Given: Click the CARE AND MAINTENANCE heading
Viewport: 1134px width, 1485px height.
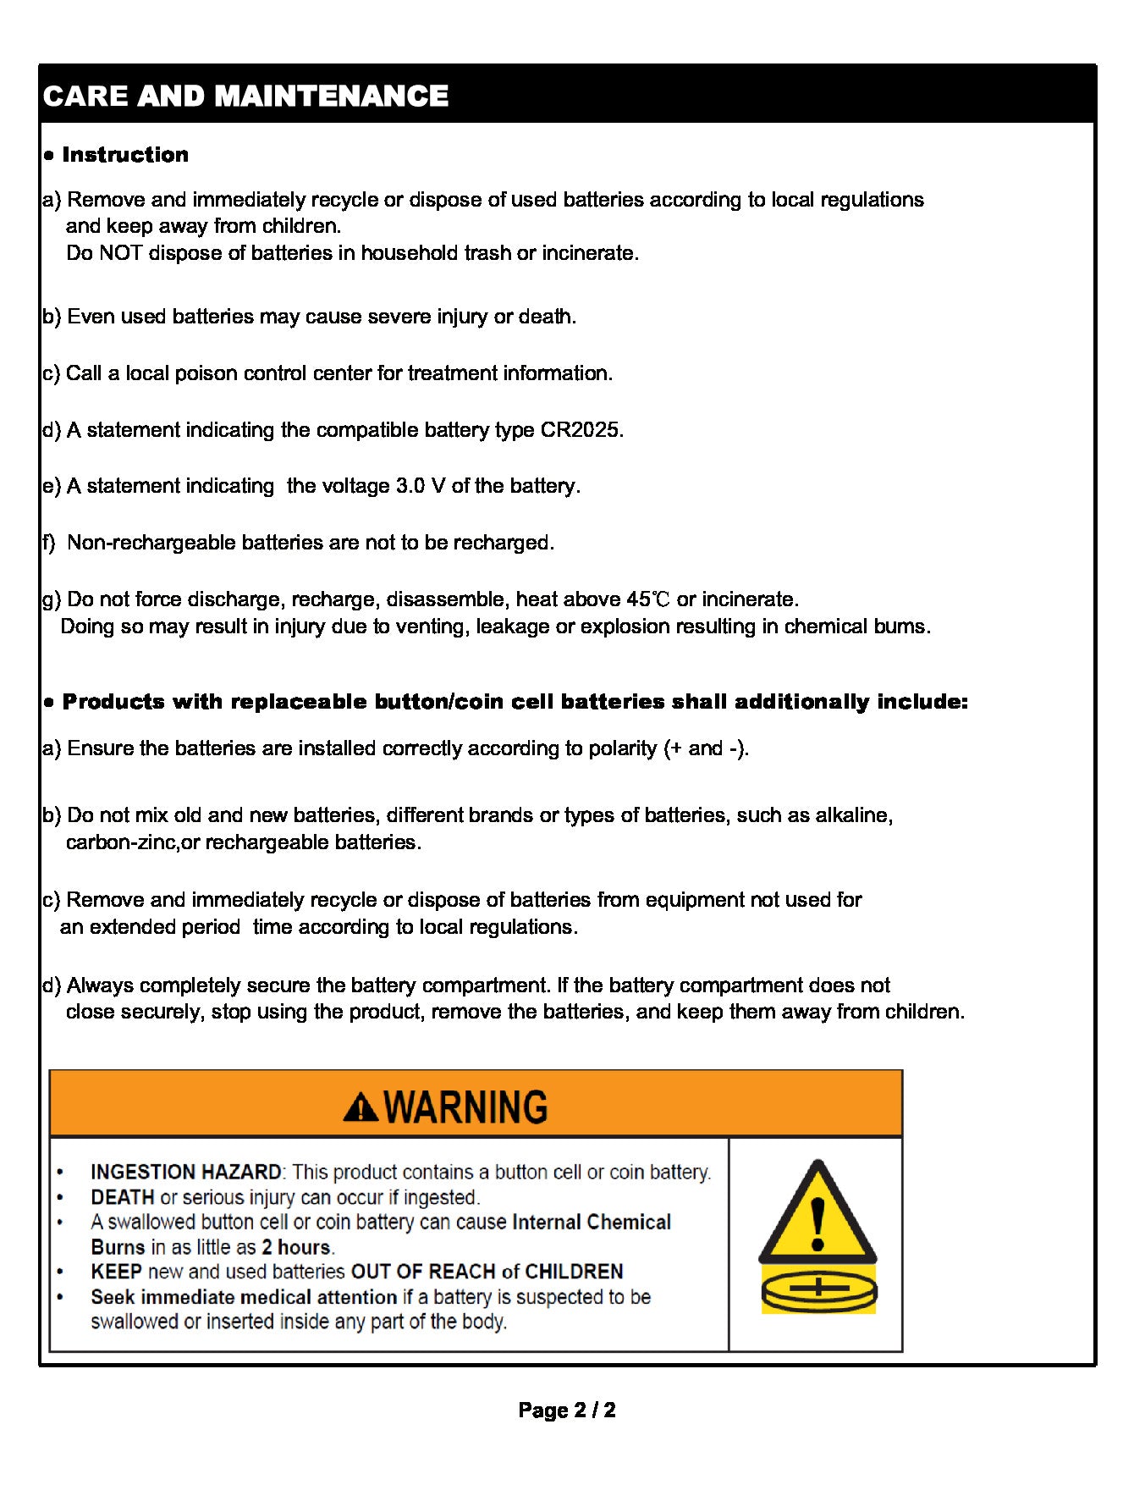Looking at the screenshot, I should point(245,96).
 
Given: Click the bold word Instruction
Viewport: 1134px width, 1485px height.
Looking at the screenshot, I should point(125,155).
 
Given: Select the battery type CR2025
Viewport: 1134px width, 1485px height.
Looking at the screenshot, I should point(580,430).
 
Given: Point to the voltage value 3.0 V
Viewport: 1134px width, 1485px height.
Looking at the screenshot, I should point(421,486).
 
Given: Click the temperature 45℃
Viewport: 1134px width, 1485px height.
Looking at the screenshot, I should point(648,599).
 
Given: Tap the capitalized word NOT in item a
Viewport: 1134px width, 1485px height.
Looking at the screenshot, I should point(121,253).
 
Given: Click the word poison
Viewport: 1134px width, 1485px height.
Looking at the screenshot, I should point(206,373).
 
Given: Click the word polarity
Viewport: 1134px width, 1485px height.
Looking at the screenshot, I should point(621,748).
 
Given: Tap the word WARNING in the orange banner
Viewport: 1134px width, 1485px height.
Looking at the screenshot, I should point(465,1107).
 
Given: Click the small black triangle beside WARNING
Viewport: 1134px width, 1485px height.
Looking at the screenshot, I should point(361,1107).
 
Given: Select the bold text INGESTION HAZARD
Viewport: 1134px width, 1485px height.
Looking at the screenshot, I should point(186,1173).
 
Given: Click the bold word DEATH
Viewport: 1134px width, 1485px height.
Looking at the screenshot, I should point(123,1197).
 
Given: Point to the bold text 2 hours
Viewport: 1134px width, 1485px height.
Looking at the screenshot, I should point(297,1247).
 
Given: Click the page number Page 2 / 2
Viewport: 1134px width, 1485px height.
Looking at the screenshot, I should point(567,1410).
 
